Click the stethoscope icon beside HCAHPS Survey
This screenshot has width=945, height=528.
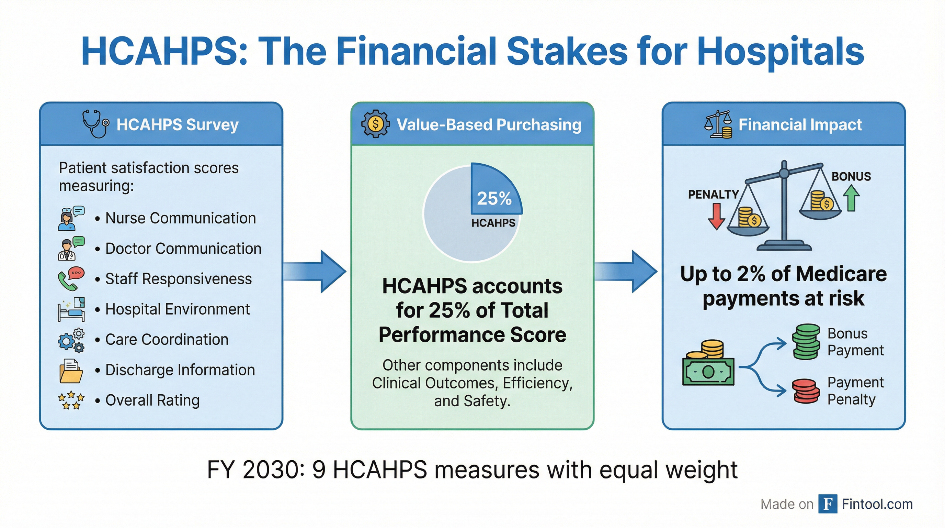pos(95,124)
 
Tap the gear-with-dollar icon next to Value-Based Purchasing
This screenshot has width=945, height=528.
pos(375,124)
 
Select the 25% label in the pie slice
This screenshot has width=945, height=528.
pos(494,198)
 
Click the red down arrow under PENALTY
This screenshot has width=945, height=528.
pos(716,216)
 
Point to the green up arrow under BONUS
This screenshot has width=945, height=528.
pos(851,198)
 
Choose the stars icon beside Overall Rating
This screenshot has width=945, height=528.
pos(71,400)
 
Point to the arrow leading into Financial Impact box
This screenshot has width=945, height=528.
pos(627,272)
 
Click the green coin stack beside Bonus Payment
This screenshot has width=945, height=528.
pos(805,341)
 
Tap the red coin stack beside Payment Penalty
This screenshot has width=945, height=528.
pos(806,391)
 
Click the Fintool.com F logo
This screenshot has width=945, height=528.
pos(828,504)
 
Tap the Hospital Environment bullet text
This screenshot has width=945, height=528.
pos(177,309)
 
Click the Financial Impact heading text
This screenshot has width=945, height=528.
pos(800,124)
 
